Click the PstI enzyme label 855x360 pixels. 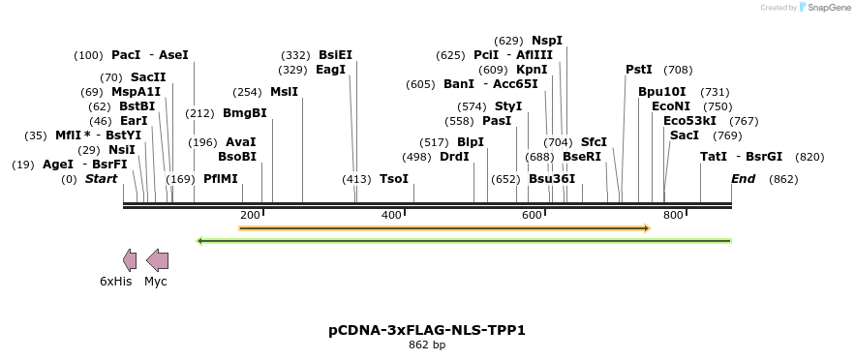pos(638,70)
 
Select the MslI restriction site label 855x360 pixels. pos(284,92)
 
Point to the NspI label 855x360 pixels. pos(546,41)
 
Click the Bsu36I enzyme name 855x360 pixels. pos(551,179)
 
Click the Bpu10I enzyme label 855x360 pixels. pos(661,92)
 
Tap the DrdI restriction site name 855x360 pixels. pos(454,157)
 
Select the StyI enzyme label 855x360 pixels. pos(508,106)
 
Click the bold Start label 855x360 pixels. pos(101,179)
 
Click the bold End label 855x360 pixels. pos(743,179)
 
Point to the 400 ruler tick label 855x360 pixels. pos(391,215)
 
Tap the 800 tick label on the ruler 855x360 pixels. pos(673,215)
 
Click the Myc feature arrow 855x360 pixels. pos(157,259)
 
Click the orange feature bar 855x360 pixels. pos(443,228)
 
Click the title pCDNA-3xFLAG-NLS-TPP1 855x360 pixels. pos(427,330)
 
